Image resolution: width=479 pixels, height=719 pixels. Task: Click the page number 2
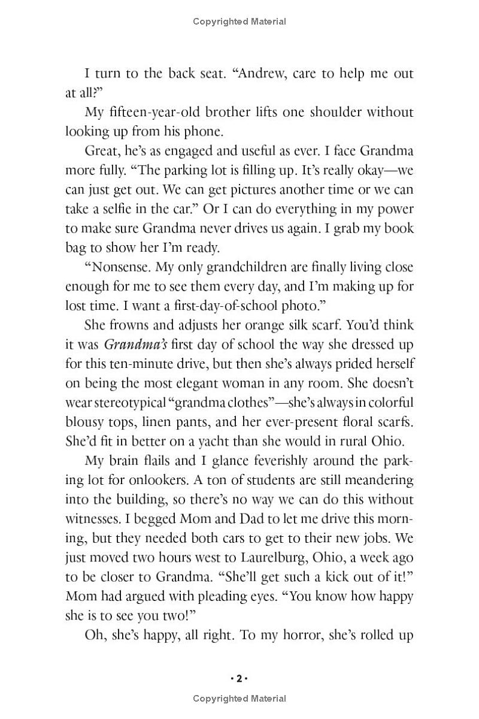239,679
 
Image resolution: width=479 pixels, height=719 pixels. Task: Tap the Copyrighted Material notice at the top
239,22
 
